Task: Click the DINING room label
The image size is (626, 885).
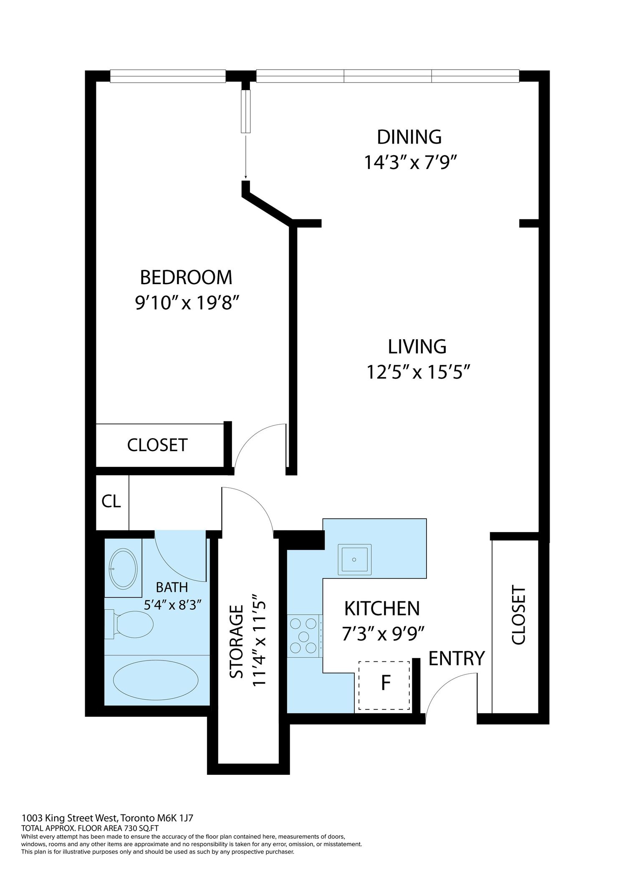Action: click(x=409, y=137)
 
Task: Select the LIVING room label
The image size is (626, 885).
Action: click(x=417, y=347)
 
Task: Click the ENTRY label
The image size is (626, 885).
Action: click(x=457, y=658)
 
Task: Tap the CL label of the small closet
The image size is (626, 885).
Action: click(x=111, y=501)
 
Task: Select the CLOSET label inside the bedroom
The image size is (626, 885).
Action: click(x=157, y=445)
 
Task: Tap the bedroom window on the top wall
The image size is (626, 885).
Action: click(x=168, y=76)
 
